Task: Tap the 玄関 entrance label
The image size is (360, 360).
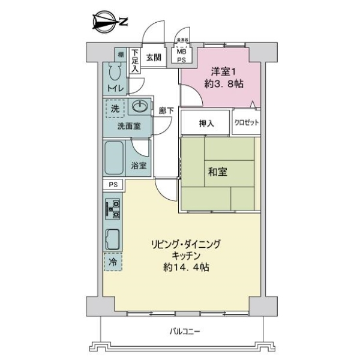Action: pos(154,58)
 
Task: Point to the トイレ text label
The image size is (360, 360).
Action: pos(116,89)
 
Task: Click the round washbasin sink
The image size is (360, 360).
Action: pos(140,107)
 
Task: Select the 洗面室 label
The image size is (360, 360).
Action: pos(128,126)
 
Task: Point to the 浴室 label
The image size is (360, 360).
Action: pos(139,166)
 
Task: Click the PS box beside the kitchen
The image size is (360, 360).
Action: pos(113,185)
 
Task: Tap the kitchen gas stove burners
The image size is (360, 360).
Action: pos(113,208)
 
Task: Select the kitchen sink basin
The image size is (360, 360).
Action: pos(113,240)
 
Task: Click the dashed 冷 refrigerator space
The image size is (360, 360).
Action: pos(112,262)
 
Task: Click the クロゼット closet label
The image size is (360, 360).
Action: pos(246,122)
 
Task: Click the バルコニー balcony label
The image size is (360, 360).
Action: pos(184,331)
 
